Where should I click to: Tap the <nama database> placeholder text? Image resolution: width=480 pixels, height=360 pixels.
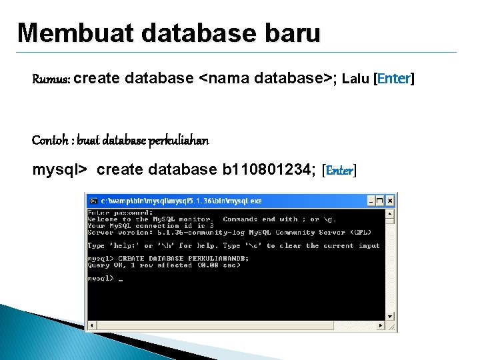tap(266, 79)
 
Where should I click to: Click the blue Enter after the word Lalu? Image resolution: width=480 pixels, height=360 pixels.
tap(394, 79)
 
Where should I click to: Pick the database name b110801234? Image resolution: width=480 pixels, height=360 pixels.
tap(267, 170)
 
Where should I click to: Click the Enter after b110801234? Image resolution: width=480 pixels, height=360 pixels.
tap(339, 171)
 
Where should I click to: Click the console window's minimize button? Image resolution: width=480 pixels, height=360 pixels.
tap(369, 200)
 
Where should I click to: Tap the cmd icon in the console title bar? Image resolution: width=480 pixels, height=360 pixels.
tap(93, 200)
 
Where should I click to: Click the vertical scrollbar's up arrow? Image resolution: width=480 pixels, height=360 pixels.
tap(391, 213)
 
